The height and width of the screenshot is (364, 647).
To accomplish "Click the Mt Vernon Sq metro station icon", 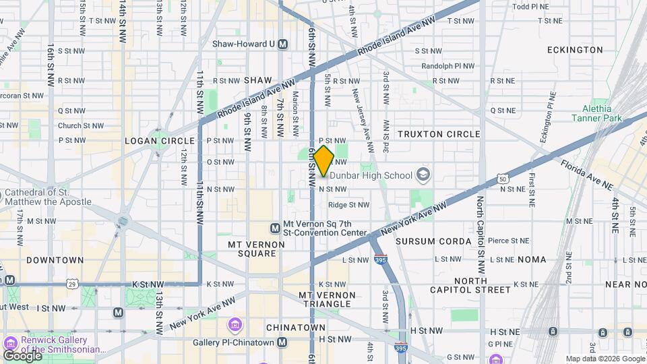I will (x=275, y=229).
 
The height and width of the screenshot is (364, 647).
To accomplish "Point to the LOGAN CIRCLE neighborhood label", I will (x=160, y=141).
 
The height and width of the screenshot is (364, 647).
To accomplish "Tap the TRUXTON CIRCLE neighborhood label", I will (x=439, y=134).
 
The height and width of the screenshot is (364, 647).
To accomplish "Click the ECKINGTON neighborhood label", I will (x=575, y=50).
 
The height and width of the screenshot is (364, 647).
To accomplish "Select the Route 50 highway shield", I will (x=501, y=179).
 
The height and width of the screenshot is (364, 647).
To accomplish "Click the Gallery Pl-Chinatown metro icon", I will (x=282, y=342).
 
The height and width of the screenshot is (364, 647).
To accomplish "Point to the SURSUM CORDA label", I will (x=433, y=241).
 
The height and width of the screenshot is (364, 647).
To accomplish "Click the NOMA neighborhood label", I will (x=532, y=260).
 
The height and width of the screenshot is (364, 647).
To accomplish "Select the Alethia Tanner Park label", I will (x=592, y=113).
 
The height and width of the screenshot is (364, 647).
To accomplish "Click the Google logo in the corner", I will (x=22, y=355).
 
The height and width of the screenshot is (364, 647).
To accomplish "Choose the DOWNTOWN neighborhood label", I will (x=55, y=260).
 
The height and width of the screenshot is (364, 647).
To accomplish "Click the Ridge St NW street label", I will (x=348, y=205).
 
